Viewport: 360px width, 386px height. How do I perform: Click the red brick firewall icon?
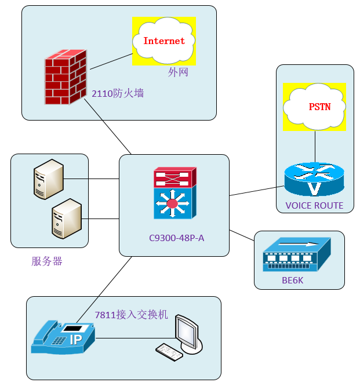[65, 78]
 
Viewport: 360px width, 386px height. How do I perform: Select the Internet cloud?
[163, 41]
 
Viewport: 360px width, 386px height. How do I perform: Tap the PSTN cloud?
[314, 107]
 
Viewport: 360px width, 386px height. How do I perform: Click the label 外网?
[178, 72]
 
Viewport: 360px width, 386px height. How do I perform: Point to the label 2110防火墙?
[118, 92]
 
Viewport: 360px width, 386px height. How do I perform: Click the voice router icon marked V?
[314, 180]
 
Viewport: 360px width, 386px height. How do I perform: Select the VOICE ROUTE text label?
[314, 206]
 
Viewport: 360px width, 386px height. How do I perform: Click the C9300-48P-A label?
[173, 238]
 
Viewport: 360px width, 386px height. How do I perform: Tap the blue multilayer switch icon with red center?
[172, 202]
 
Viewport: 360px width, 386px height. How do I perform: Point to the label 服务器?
[47, 261]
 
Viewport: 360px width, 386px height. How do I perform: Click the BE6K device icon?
[296, 254]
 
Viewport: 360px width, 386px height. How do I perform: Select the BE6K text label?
[292, 281]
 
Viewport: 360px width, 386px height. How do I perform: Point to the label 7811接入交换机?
[131, 315]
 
